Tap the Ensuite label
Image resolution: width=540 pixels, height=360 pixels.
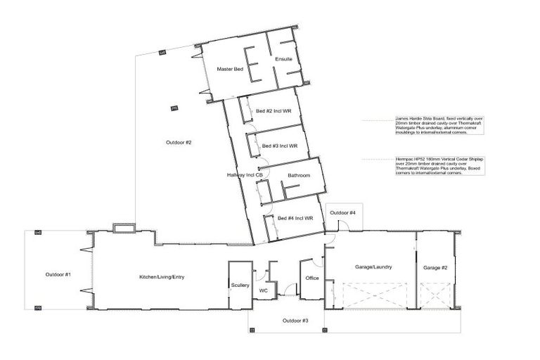(x=283, y=58)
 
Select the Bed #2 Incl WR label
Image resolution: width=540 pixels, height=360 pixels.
(x=274, y=111)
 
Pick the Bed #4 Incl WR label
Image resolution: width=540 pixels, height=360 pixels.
(x=295, y=218)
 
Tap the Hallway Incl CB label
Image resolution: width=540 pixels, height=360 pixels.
(x=245, y=175)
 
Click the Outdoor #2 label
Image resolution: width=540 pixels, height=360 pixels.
(x=179, y=143)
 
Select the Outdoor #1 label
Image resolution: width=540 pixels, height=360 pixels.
(x=58, y=274)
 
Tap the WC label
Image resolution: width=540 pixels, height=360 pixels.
(x=264, y=290)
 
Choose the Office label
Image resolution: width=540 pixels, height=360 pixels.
(x=312, y=278)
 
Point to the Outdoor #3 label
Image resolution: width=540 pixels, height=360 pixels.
(x=295, y=321)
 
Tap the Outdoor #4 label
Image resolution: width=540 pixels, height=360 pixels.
(x=343, y=212)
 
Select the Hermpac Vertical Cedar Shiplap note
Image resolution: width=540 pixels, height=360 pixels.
(x=437, y=166)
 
